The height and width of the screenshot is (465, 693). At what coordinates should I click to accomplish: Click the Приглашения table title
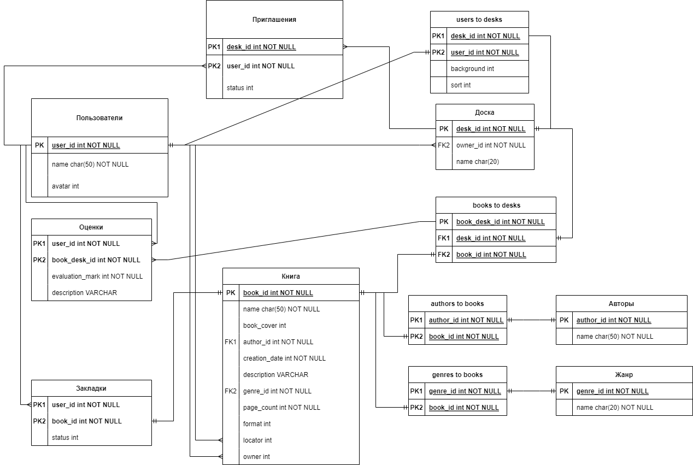[x=274, y=20]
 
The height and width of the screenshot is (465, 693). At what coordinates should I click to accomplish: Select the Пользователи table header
[x=99, y=118]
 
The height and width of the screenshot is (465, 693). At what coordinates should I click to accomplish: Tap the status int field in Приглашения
[x=240, y=88]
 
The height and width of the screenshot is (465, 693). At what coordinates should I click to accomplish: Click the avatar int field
[x=65, y=186]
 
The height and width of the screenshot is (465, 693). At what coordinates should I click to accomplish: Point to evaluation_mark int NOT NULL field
[x=97, y=276]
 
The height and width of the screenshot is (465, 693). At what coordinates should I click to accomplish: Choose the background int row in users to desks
[x=472, y=69]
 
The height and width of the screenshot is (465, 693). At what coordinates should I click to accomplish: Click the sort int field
[x=461, y=85]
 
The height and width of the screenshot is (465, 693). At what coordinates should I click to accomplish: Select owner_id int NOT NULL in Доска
[x=491, y=145]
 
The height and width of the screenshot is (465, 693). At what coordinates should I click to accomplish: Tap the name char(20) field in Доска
[x=477, y=162]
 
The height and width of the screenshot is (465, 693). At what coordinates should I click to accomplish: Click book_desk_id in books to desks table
[x=500, y=222]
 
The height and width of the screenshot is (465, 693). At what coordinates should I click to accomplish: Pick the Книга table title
[x=291, y=276]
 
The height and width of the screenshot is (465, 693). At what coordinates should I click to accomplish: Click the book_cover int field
[x=265, y=326]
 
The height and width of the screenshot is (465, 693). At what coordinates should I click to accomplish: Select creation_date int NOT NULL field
[x=284, y=358]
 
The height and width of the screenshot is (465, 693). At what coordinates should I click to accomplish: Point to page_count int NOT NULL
[x=281, y=408]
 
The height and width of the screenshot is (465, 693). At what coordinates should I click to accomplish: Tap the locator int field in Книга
[x=257, y=440]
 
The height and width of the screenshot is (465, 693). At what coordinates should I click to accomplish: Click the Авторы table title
[x=621, y=304]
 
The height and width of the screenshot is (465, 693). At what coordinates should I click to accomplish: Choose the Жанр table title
[x=624, y=375]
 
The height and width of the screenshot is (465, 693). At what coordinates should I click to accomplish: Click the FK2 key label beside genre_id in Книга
[x=231, y=391]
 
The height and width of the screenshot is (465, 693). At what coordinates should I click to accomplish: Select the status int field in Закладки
[x=65, y=438]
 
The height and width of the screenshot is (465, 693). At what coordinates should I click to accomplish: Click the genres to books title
[x=457, y=375]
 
